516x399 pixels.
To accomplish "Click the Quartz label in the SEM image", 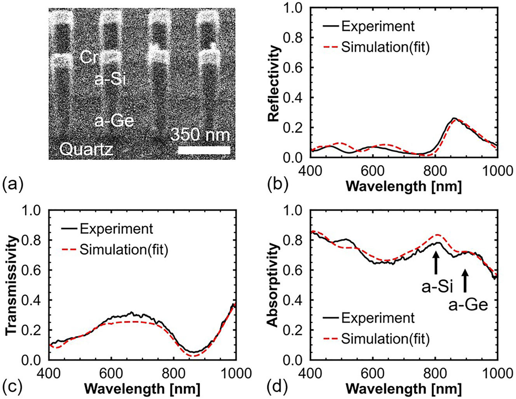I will click(86, 149).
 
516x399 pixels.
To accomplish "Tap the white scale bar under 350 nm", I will click(204, 150).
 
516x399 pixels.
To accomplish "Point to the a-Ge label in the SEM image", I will click(114, 121).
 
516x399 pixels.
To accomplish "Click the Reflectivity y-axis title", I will click(274, 83).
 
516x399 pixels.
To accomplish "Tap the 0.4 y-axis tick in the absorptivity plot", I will click(295, 300).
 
